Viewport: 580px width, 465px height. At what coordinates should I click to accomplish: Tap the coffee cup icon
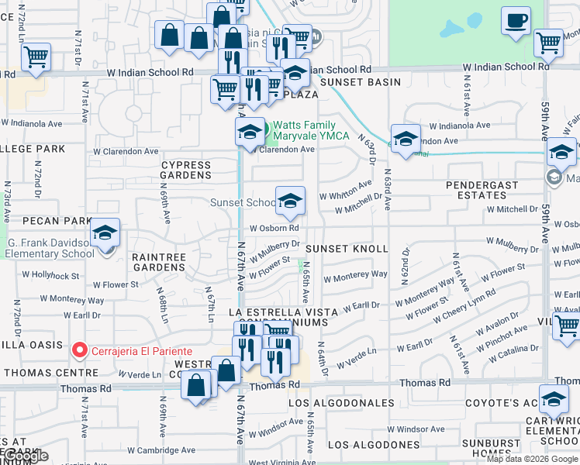(515, 21)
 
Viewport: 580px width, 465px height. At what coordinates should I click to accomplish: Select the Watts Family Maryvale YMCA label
(303, 130)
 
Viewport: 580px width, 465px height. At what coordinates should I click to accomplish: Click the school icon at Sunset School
(290, 201)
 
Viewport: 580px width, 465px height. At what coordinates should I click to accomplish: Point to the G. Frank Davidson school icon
(105, 232)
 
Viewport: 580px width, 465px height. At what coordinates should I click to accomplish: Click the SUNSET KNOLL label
(346, 249)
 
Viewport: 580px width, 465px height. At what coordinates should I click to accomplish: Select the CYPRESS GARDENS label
(186, 170)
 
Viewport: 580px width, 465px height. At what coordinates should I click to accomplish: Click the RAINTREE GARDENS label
(158, 262)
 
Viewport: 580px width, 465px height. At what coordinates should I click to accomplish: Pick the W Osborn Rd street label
(274, 228)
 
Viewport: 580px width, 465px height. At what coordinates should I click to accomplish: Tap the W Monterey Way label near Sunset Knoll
(357, 274)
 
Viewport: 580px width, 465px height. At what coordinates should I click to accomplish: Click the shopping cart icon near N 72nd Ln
(36, 57)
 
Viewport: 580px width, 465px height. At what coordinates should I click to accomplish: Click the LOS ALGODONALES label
(341, 404)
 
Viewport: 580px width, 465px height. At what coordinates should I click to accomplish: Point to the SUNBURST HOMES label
(491, 449)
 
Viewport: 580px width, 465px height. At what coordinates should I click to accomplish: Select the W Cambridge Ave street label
(162, 450)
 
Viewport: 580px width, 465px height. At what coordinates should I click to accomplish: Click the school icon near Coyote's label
(554, 401)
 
